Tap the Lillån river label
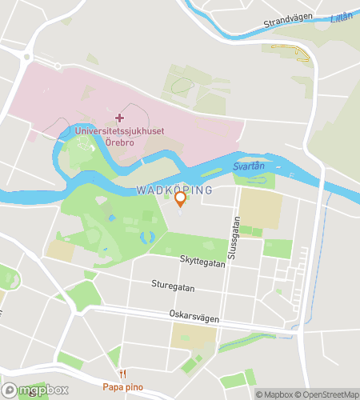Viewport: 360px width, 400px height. [x=342, y=15]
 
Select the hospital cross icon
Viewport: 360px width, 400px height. [x=120, y=118]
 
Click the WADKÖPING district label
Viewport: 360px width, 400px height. [x=174, y=190]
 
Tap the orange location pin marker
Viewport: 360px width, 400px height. [x=180, y=198]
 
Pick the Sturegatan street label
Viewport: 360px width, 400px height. [x=173, y=283]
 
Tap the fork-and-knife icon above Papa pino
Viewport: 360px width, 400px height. [x=123, y=374]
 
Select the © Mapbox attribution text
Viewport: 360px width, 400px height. [x=274, y=394]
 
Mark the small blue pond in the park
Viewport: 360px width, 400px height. [x=146, y=237]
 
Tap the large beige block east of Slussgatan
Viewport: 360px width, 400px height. [x=261, y=209]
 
